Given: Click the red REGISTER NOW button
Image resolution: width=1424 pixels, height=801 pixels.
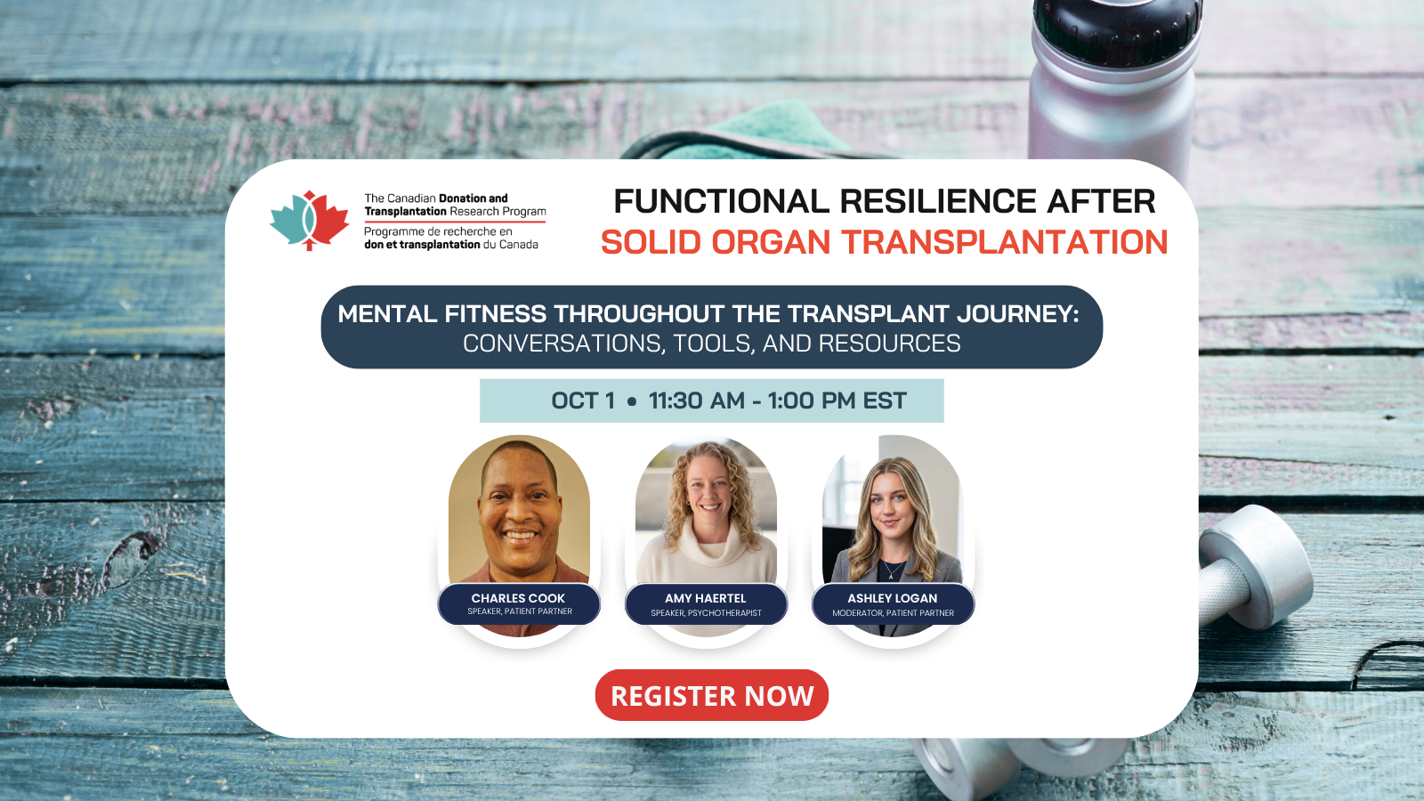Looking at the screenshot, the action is tap(711, 695).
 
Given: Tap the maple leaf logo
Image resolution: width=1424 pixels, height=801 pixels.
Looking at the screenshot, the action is tap(309, 221).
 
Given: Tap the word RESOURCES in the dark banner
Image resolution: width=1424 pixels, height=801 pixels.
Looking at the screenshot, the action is tap(889, 344).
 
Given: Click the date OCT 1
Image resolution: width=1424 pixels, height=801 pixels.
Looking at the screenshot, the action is tap(583, 400).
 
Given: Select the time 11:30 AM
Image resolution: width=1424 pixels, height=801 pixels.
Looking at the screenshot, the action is tap(696, 400).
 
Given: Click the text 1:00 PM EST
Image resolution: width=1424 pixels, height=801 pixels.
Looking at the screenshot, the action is tap(837, 400).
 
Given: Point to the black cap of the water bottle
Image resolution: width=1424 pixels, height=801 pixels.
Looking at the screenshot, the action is tap(1116, 28).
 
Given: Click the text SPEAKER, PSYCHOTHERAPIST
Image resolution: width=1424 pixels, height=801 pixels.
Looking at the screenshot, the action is tap(706, 613).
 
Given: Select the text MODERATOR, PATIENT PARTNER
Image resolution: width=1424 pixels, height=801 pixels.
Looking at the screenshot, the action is tap(894, 613).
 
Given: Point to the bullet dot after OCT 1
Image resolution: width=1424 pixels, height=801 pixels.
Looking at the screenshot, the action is tap(631, 401).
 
